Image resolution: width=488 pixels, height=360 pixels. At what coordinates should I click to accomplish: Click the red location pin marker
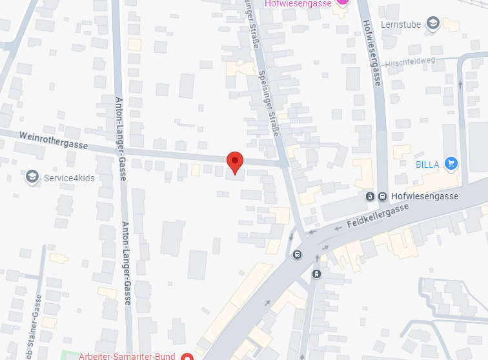pos(235,162)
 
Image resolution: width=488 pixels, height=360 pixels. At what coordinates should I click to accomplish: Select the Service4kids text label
pos(69,177)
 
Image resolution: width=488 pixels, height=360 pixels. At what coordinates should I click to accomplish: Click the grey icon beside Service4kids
pos(32,177)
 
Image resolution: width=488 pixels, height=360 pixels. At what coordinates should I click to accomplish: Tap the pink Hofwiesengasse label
pos(298,3)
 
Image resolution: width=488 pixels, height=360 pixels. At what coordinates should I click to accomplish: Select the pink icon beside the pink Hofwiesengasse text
pos(343,3)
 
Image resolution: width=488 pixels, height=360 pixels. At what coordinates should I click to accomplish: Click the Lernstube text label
pos(401,25)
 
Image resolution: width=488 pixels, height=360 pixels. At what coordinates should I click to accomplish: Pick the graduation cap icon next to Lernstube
pos(433,25)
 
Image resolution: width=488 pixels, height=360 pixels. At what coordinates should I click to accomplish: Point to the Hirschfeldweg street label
pos(411,64)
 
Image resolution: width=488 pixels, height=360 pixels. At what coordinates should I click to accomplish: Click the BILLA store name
pos(427,165)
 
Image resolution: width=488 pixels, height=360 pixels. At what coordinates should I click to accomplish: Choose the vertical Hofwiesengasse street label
pos(371,52)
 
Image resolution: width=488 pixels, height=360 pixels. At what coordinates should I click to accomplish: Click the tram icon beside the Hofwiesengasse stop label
pos(370,196)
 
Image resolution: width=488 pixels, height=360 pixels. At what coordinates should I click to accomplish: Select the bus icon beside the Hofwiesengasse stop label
pos(383,196)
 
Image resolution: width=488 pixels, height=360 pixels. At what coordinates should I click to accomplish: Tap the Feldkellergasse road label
pos(378,215)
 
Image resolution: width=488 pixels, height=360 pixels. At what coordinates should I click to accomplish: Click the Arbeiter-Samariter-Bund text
pos(128,355)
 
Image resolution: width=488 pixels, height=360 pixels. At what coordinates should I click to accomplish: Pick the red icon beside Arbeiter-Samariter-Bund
pos(187,356)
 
